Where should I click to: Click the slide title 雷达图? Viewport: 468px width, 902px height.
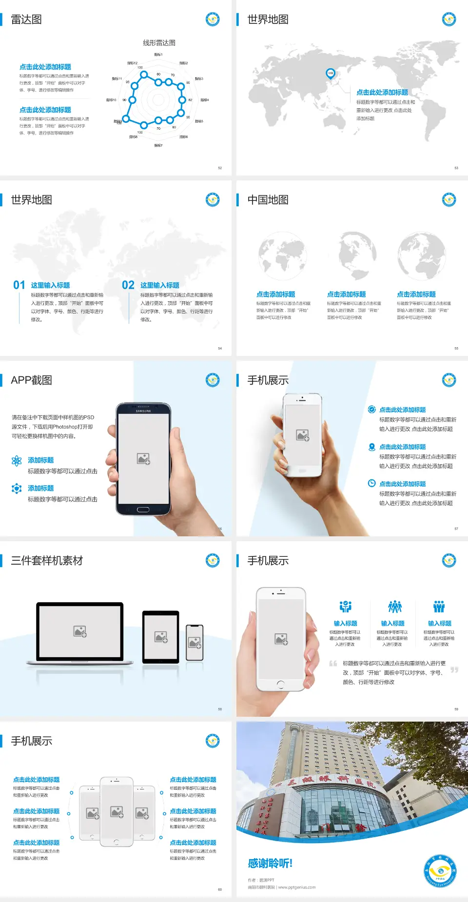pyautogui.click(x=26, y=20)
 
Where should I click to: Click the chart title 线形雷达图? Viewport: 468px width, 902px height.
pyautogui.click(x=159, y=43)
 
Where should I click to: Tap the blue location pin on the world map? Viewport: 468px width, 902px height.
pyautogui.click(x=331, y=74)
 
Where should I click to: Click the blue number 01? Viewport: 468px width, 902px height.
pyautogui.click(x=19, y=285)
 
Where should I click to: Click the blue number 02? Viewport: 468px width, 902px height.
pyautogui.click(x=128, y=285)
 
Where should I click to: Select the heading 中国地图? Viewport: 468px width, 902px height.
pyautogui.click(x=268, y=200)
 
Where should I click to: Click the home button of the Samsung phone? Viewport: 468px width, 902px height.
pyautogui.click(x=143, y=510)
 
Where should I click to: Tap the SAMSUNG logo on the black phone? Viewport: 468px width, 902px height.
pyautogui.click(x=143, y=411)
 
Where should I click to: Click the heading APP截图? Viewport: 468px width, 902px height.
pyautogui.click(x=31, y=380)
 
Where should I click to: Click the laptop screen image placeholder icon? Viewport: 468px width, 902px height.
pyautogui.click(x=80, y=631)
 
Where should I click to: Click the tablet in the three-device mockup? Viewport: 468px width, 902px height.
pyautogui.click(x=161, y=636)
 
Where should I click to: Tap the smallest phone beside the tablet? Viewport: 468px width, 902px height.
pyautogui.click(x=195, y=643)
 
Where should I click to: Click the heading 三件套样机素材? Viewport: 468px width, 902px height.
pyautogui.click(x=47, y=561)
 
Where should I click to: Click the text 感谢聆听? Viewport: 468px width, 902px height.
pyautogui.click(x=270, y=863)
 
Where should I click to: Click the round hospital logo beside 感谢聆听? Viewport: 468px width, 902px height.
pyautogui.click(x=440, y=871)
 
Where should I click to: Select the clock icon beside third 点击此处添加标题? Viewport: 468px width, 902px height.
pyautogui.click(x=371, y=483)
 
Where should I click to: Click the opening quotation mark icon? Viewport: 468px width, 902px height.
pyautogui.click(x=333, y=663)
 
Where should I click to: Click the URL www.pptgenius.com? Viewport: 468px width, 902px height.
pyautogui.click(x=297, y=887)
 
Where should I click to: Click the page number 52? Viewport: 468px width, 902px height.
pyautogui.click(x=220, y=168)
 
